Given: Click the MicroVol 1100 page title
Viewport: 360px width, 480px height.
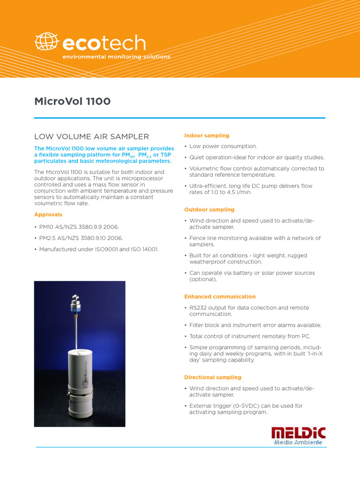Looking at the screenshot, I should pyautogui.click(x=72, y=101).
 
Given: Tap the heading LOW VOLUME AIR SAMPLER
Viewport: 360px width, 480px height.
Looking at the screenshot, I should pyautogui.click(x=91, y=136).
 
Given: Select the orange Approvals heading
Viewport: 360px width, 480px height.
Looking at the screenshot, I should pyautogui.click(x=48, y=214).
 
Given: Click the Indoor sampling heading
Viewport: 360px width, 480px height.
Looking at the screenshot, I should pyautogui.click(x=207, y=135).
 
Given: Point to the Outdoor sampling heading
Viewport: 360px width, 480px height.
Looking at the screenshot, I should pyautogui.click(x=209, y=210).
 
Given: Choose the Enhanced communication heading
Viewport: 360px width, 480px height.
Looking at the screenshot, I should pyautogui.click(x=220, y=296).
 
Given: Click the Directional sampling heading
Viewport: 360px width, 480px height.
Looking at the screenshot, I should pyautogui.click(x=213, y=377).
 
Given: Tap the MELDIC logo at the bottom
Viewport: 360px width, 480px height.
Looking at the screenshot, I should pyautogui.click(x=298, y=433).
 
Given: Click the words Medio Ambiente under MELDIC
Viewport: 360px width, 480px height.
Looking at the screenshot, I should pyautogui.click(x=298, y=442).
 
